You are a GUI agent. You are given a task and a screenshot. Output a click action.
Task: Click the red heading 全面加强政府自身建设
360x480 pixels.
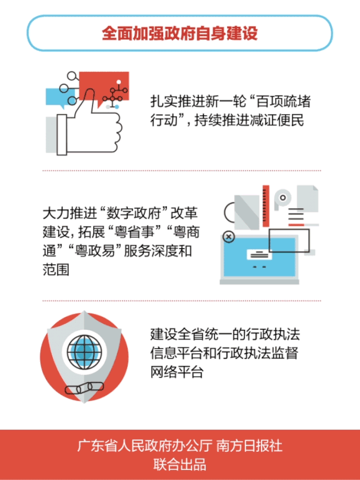[x=179, y=33]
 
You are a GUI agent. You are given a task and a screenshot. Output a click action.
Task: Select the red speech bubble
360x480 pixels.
[x=103, y=88]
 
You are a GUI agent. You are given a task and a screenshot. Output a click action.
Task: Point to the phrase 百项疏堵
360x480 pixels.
[x=283, y=102]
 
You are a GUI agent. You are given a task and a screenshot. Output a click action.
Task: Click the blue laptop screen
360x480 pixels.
[x=259, y=257]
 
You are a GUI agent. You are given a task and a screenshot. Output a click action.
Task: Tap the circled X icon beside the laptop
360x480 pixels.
[x=228, y=237]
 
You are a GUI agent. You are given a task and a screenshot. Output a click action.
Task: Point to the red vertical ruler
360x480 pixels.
[x=266, y=206]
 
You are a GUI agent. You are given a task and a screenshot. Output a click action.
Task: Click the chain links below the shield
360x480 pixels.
[x=84, y=388]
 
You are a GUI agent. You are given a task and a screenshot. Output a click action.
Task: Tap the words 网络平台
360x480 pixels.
[x=177, y=373]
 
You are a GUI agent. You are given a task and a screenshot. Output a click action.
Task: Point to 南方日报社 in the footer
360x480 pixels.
[x=249, y=446]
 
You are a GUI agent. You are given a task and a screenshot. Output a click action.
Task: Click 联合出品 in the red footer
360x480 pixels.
[x=179, y=464]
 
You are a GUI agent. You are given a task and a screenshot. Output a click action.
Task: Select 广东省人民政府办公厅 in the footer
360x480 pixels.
[x=145, y=446]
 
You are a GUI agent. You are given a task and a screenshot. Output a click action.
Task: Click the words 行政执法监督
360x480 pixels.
[x=258, y=353]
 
